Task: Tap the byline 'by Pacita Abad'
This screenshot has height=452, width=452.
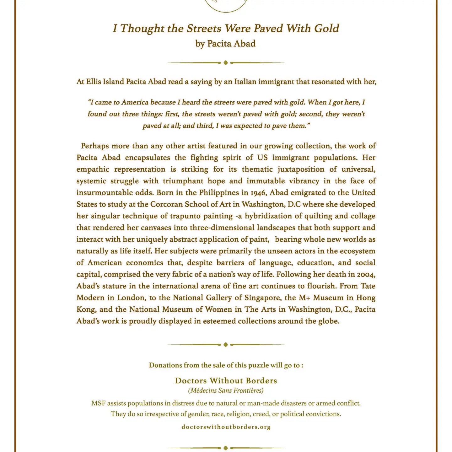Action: tap(225, 44)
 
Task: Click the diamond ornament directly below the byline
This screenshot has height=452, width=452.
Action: tap(225, 63)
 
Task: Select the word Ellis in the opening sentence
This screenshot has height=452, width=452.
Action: tap(93, 82)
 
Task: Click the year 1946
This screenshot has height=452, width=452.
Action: tap(257, 193)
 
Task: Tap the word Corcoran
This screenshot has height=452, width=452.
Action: tap(166, 204)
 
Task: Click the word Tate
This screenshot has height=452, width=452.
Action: tap(368, 286)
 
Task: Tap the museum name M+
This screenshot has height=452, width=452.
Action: tap(304, 298)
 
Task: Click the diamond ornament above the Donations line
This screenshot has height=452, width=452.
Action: tap(225, 345)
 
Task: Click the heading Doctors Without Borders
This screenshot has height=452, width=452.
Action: tap(226, 381)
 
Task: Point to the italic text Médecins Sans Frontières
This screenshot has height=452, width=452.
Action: tap(226, 390)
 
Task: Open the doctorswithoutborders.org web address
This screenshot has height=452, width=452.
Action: tap(226, 427)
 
